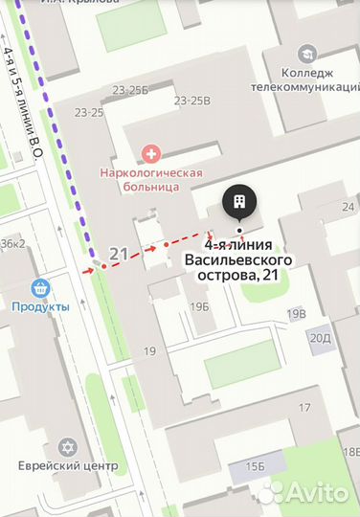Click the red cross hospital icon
pyautogui.click(x=149, y=152)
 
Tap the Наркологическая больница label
pyautogui.click(x=152, y=179)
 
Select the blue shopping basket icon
pyautogui.click(x=40, y=287)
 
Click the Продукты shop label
pyautogui.click(x=40, y=306)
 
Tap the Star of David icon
pyautogui.click(x=67, y=447)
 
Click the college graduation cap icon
pyautogui.click(x=307, y=54)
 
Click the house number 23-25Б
pyautogui.click(x=130, y=90)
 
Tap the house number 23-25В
pyautogui.click(x=192, y=100)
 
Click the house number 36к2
pyautogui.click(x=12, y=243)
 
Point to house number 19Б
pyautogui.click(x=199, y=306)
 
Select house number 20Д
pyautogui.click(x=320, y=336)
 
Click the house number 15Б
pyautogui.click(x=254, y=465)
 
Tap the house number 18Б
pyautogui.click(x=349, y=451)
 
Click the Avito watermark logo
pyautogui.click(x=304, y=491)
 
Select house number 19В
pyautogui.click(x=296, y=313)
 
